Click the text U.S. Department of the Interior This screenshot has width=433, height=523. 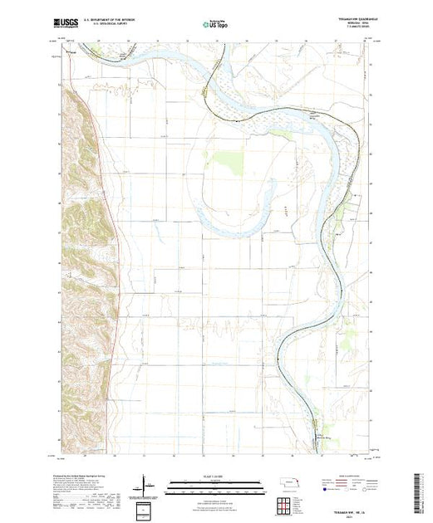click(116, 22)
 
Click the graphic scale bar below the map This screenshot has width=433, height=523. click(216, 482)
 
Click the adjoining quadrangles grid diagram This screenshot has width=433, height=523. click(288, 502)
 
